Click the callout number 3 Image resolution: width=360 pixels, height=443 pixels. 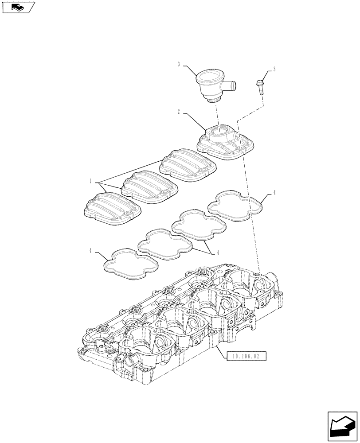pyautogui.click(x=179, y=65)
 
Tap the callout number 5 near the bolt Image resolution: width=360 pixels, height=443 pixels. pyautogui.click(x=274, y=69)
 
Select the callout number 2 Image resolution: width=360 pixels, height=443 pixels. pyautogui.click(x=179, y=113)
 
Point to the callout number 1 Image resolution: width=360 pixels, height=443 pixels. pyautogui.click(x=90, y=181)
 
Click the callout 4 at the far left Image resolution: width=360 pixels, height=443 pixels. pyautogui.click(x=90, y=251)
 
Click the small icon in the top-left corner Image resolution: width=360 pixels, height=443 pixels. pyautogui.click(x=18, y=7)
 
